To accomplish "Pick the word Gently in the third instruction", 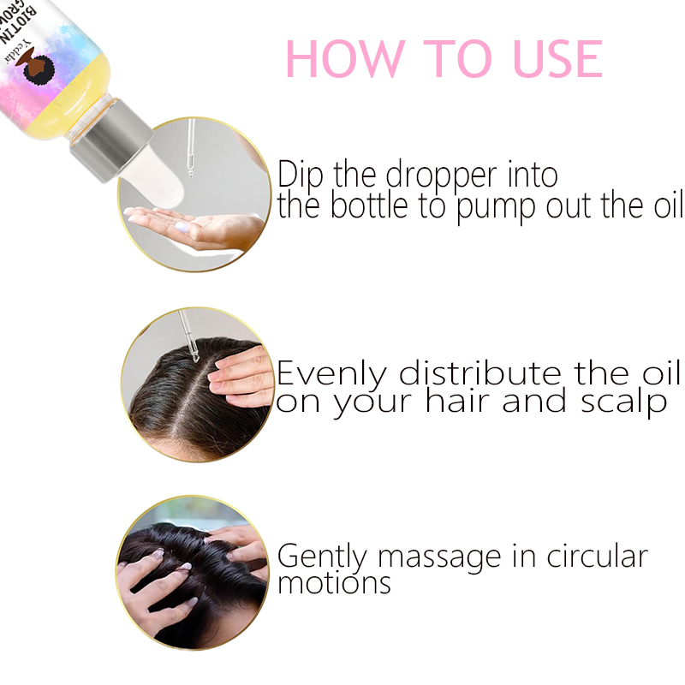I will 323,557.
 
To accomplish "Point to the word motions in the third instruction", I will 334,584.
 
